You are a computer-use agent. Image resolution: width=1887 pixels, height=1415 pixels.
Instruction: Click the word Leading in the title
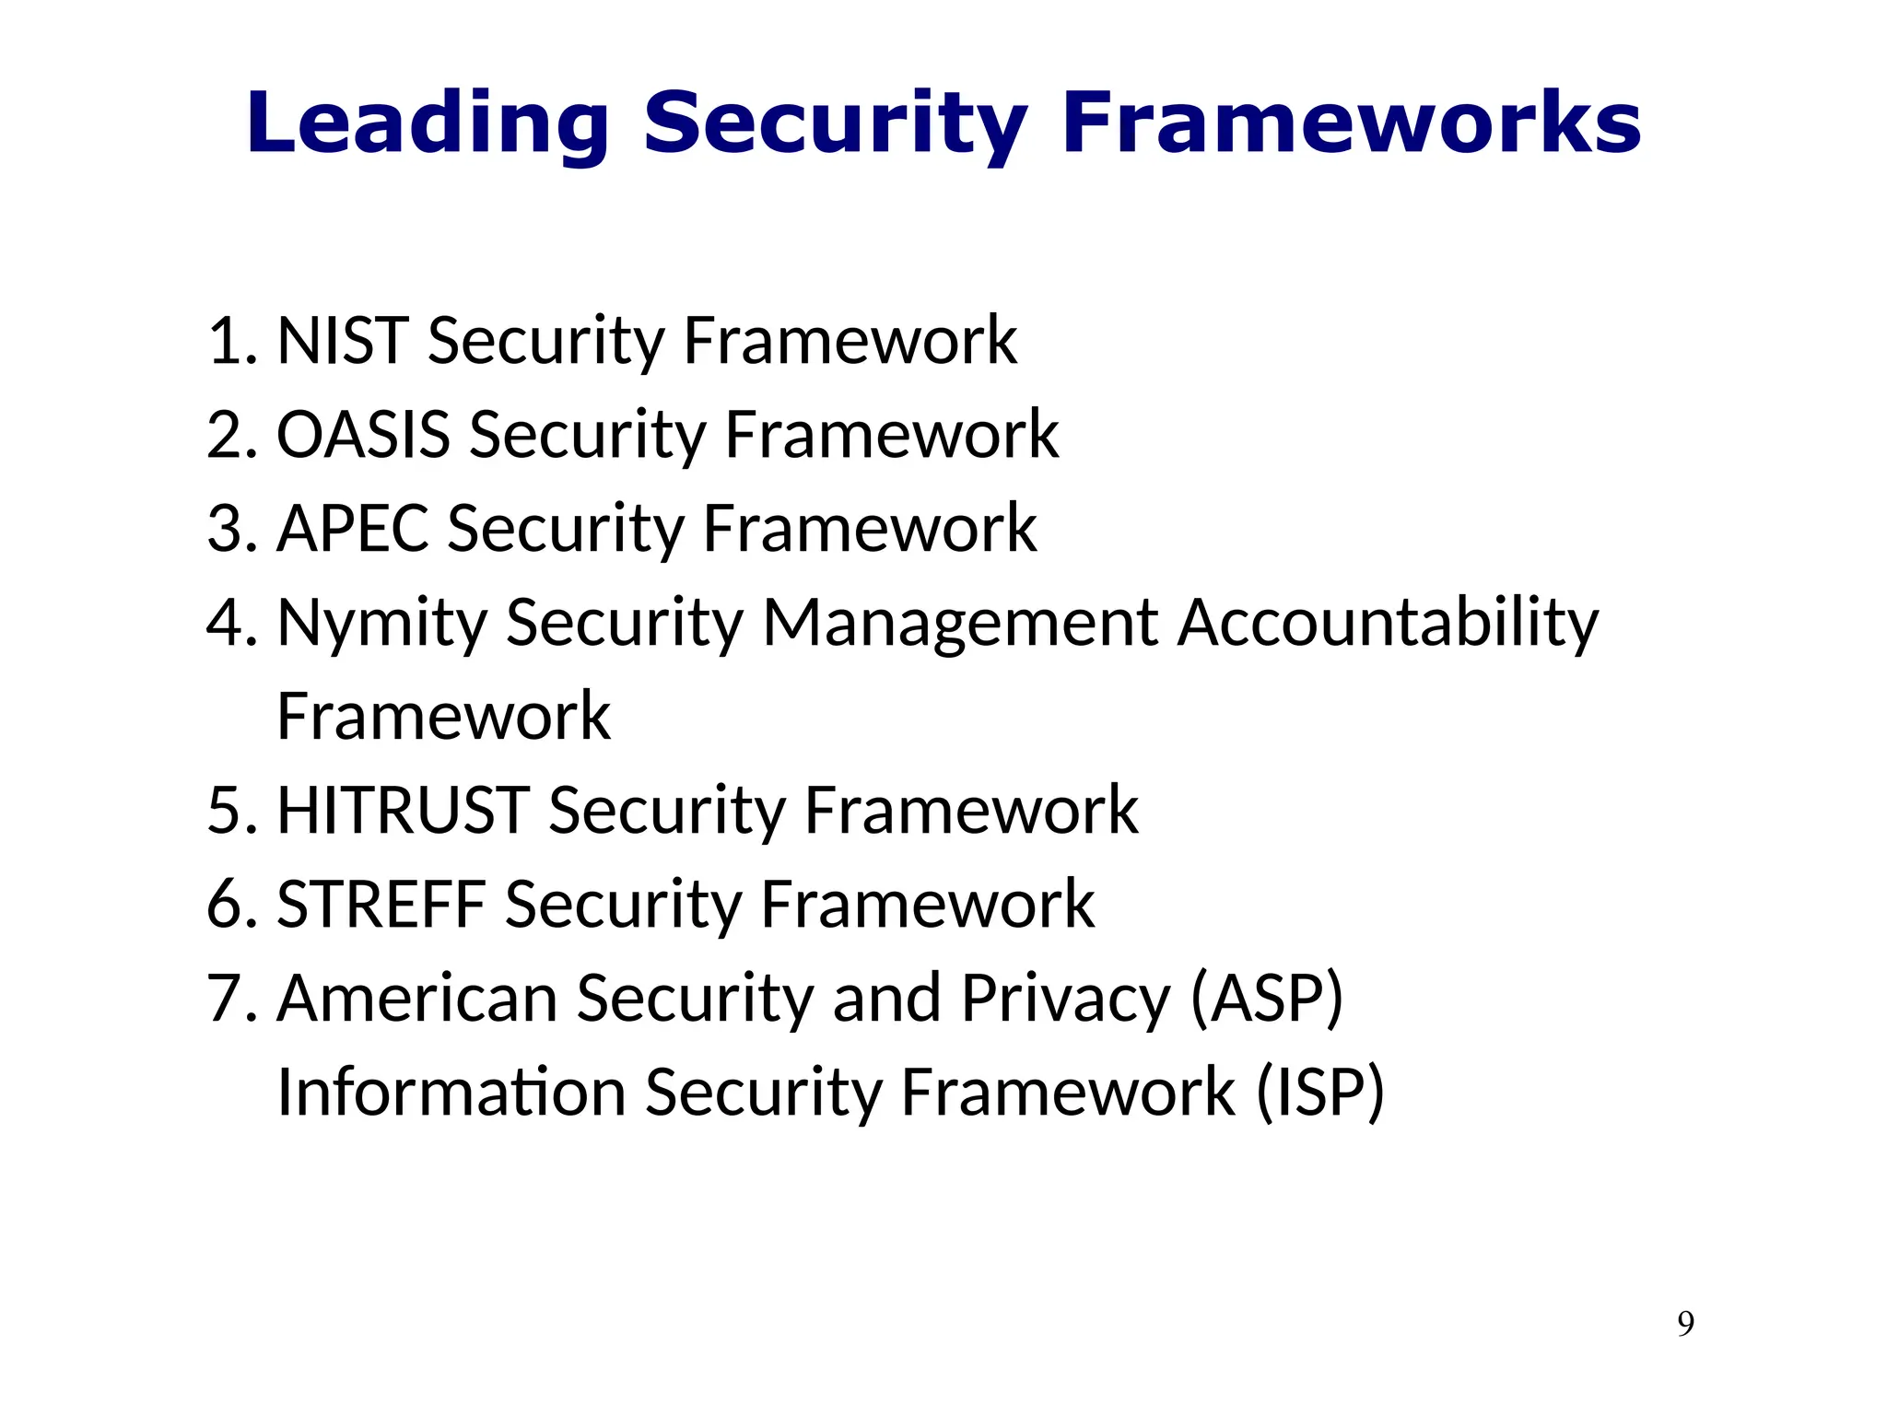[x=428, y=124]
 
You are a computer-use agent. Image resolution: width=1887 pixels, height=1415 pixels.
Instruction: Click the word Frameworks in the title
[x=1351, y=124]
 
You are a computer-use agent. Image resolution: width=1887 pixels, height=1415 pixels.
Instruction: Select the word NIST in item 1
[x=343, y=342]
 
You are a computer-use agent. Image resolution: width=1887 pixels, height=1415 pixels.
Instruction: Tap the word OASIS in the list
[x=363, y=435]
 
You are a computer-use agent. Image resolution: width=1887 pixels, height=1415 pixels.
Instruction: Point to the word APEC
[x=353, y=530]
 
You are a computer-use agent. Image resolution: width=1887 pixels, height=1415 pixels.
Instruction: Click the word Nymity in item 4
[x=381, y=624]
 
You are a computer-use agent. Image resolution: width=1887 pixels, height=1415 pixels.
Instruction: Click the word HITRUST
[x=403, y=812]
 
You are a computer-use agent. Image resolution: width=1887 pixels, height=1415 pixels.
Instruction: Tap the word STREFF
[x=381, y=905]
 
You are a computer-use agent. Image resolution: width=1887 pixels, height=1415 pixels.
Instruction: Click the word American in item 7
[x=416, y=999]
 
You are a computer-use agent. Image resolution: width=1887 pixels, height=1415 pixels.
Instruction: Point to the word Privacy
[x=1065, y=999]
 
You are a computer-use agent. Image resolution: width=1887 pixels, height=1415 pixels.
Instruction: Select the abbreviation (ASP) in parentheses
[x=1267, y=999]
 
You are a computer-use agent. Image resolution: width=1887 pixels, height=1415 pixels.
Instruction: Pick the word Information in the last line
[x=451, y=1093]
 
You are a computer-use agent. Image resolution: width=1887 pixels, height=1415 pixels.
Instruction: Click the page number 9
[x=1685, y=1324]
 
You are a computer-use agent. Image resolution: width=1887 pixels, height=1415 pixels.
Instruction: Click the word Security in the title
[x=835, y=124]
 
